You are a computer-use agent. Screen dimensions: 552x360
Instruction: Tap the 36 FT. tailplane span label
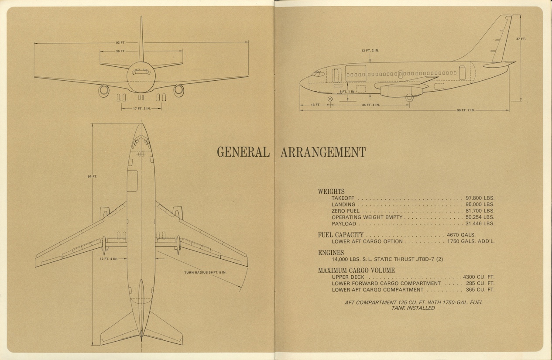pyautogui.click(x=120, y=51)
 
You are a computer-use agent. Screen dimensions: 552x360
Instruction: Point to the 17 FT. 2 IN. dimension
pyautogui.click(x=141, y=108)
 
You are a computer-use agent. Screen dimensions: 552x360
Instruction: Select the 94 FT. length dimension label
pyautogui.click(x=92, y=176)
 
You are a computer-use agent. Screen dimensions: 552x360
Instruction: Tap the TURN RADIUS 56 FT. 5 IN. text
pyautogui.click(x=206, y=273)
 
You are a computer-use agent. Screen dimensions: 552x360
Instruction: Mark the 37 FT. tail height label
pyautogui.click(x=521, y=39)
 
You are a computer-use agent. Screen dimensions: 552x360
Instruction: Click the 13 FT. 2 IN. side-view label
pyautogui.click(x=370, y=51)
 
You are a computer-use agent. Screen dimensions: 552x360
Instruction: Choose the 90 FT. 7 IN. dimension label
pyautogui.click(x=465, y=110)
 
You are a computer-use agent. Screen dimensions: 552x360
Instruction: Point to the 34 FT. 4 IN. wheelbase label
pyautogui.click(x=370, y=105)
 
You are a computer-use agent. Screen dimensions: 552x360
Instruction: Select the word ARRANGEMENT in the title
pyautogui.click(x=322, y=152)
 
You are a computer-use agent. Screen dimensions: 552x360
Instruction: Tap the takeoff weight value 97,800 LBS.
pyautogui.click(x=480, y=198)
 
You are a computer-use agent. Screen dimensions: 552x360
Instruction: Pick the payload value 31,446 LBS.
pyautogui.click(x=480, y=223)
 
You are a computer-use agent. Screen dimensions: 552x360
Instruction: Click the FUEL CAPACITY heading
pyautogui.click(x=341, y=235)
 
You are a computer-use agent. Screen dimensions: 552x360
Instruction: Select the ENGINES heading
pyautogui.click(x=331, y=253)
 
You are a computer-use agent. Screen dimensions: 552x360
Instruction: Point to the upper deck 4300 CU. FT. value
pyautogui.click(x=478, y=277)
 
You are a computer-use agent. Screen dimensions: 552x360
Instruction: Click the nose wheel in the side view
pyautogui.click(x=330, y=99)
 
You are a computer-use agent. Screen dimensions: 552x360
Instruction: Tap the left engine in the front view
pyautogui.click(x=104, y=90)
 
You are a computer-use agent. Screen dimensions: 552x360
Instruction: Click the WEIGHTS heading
pyautogui.click(x=331, y=191)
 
